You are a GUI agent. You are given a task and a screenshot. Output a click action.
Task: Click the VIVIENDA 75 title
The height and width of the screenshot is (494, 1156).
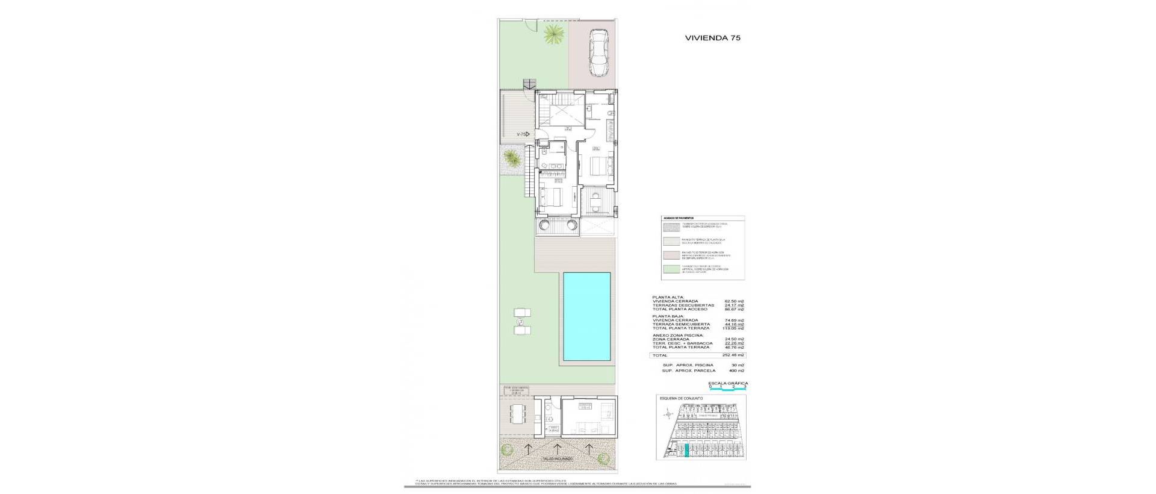click(x=712, y=37)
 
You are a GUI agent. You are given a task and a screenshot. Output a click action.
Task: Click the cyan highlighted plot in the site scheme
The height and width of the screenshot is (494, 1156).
click(x=686, y=465)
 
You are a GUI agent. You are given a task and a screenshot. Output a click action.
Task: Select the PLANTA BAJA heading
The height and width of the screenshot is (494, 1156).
click(x=667, y=316)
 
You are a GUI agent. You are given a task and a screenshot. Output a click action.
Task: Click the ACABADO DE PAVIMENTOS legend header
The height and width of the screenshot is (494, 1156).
click(x=678, y=219)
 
